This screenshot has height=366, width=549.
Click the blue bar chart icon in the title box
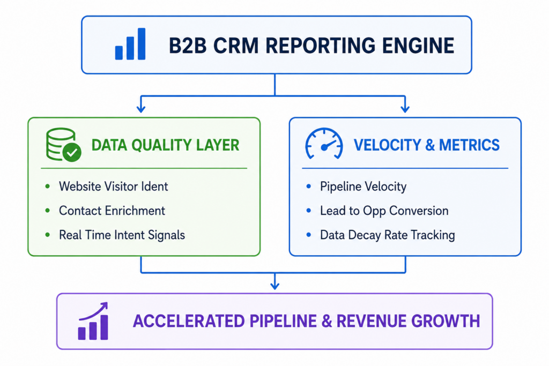tap(130, 44)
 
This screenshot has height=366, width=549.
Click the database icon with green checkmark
tap(63, 145)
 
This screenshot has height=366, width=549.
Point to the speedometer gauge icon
tap(324, 144)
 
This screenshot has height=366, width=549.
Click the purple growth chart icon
tap(93, 321)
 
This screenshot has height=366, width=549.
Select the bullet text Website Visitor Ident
tap(114, 186)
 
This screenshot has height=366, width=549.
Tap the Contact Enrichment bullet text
tap(112, 211)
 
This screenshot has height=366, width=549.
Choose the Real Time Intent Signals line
tap(122, 235)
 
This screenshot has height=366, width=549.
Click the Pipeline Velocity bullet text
tap(363, 186)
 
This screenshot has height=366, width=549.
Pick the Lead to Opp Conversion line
tap(384, 211)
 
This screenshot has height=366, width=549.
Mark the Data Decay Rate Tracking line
tap(387, 235)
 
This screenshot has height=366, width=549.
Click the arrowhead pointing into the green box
tap(141, 109)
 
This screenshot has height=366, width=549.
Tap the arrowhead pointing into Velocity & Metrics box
tap(405, 109)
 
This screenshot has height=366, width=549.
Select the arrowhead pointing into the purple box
tap(275, 286)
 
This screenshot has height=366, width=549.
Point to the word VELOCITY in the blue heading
tap(387, 145)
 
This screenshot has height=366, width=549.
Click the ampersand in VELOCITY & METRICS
tap(429, 145)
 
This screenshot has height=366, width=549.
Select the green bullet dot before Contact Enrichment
tap(48, 211)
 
